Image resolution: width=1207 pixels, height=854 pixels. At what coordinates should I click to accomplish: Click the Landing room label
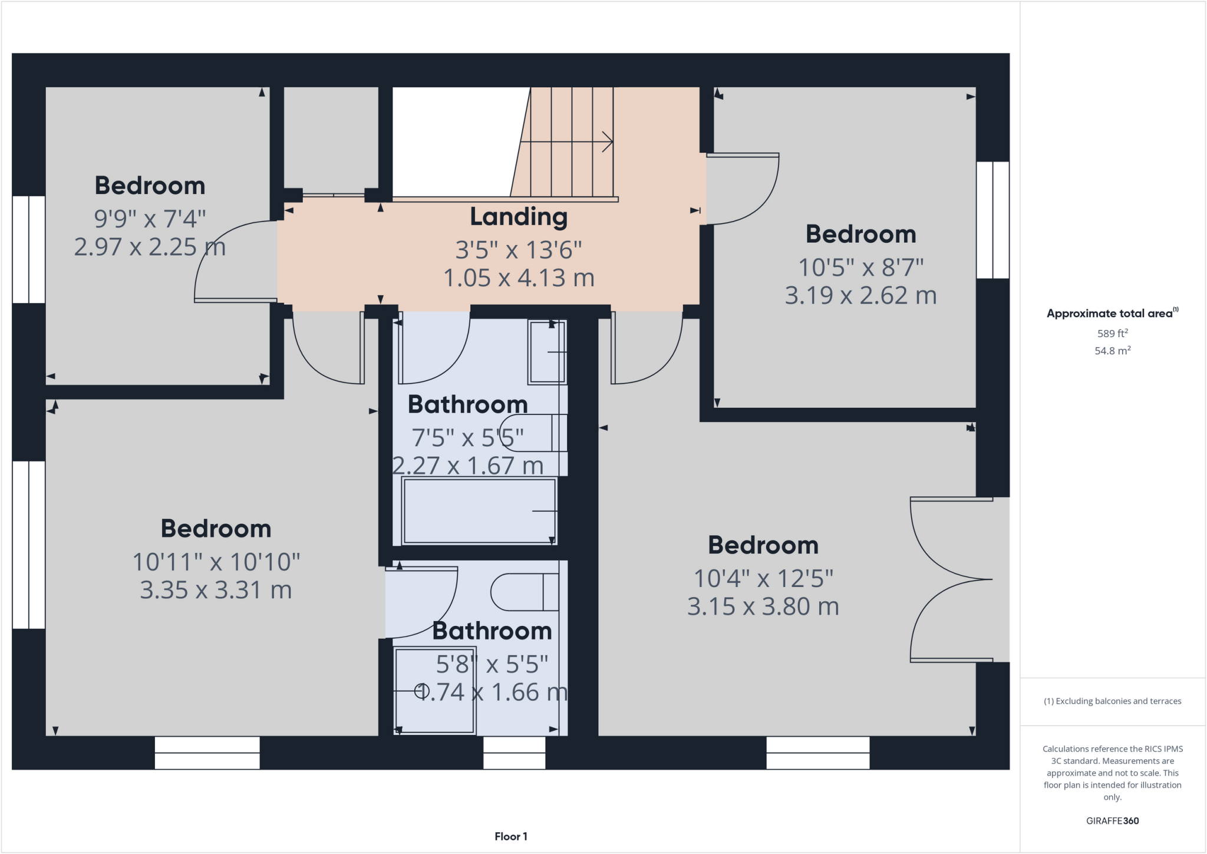coord(519,217)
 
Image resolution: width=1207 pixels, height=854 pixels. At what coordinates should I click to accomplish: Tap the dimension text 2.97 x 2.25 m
coord(150,247)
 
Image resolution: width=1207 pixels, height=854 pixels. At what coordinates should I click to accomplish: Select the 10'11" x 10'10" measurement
coord(216,562)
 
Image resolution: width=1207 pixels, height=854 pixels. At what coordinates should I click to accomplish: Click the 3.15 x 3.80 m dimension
coord(763,606)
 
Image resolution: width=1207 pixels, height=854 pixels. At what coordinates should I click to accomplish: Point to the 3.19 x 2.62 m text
coord(860,295)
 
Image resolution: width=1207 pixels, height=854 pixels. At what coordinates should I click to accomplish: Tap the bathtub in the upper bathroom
coord(479,511)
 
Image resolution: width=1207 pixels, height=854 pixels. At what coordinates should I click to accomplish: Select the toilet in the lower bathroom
coord(524,592)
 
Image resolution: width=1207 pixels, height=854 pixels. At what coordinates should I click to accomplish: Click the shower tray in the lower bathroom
coord(434,691)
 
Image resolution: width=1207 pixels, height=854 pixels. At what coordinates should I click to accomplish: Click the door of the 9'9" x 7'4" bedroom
coord(236,262)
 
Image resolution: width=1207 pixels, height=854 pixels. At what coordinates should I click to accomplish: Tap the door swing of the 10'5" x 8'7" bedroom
coord(743,189)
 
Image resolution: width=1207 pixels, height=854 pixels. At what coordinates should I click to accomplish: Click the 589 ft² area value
coord(1112,334)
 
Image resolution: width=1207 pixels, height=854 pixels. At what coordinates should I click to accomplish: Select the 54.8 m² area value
coord(1112,351)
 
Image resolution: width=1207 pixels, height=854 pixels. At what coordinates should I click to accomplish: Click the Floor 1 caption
coord(510,836)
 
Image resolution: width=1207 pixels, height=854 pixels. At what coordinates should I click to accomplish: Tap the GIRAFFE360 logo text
coord(1112,820)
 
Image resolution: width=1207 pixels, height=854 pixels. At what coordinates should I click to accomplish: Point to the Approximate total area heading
coord(1112,314)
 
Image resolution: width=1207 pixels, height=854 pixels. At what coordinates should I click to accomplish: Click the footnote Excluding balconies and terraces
coord(1112,701)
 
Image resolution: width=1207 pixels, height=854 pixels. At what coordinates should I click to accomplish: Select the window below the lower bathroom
coord(514,753)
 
